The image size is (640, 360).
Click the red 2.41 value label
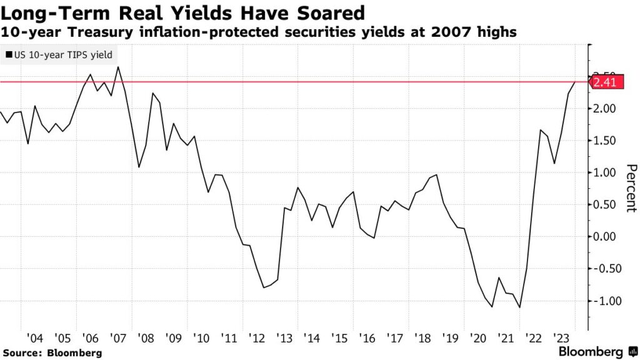coord(604,81)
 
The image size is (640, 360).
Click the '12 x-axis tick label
coord(258,338)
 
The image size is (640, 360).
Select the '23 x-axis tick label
coord(560,338)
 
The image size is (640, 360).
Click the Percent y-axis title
coord(631,188)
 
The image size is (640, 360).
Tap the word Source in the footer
coord(23,352)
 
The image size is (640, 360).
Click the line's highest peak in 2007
coord(119,67)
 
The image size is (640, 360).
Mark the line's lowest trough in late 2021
coord(519,307)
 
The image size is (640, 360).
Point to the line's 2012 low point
coord(264,287)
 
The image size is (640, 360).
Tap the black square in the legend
coord(7,55)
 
